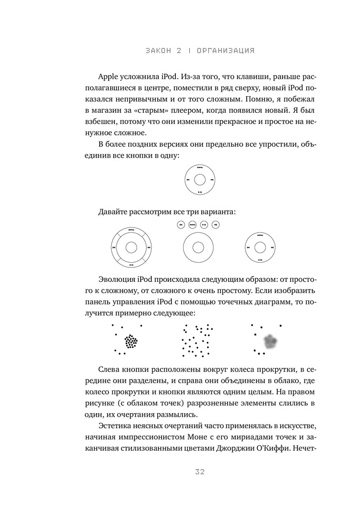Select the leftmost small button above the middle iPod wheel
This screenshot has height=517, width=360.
click(x=181, y=225)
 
